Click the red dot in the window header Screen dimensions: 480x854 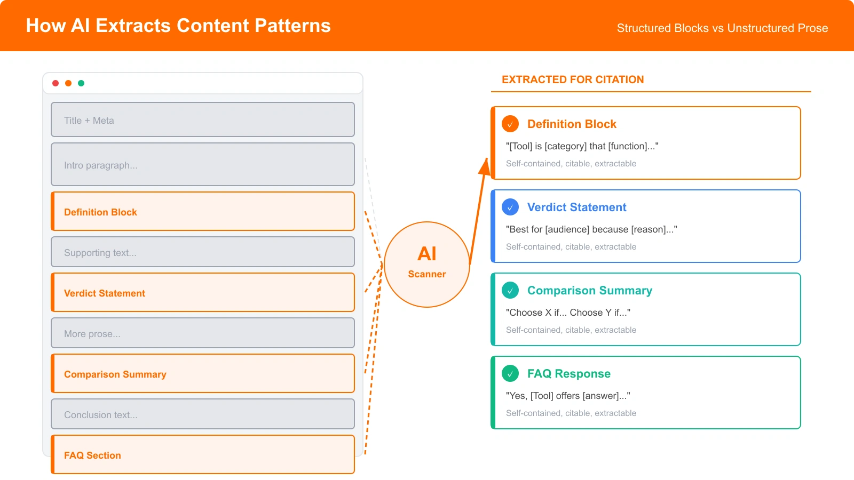click(x=56, y=83)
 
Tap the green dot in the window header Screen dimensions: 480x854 click(x=81, y=83)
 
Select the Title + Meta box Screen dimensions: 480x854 click(x=203, y=120)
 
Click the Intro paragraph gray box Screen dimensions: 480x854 click(x=203, y=165)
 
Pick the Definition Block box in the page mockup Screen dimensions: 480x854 click(x=203, y=212)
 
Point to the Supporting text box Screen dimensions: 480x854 click(x=203, y=252)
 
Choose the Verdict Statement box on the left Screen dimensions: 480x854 click(x=203, y=293)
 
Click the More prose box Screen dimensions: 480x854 click(x=203, y=333)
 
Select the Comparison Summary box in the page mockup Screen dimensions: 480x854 click(x=203, y=374)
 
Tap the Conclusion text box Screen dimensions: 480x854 click(x=203, y=414)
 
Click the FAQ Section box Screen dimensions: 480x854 click(x=203, y=455)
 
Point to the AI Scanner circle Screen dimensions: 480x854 click(x=427, y=265)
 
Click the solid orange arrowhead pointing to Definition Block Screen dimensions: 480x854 click(x=485, y=167)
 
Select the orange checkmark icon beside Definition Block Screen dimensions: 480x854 click(x=510, y=124)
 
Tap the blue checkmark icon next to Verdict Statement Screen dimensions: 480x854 click(x=510, y=207)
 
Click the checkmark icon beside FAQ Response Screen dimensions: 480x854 click(x=510, y=373)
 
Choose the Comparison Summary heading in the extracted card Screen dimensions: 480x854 click(x=589, y=291)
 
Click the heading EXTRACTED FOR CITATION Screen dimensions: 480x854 click(x=573, y=79)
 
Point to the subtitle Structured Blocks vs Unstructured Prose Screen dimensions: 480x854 click(x=722, y=28)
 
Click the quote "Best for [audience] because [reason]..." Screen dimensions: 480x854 click(x=591, y=229)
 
